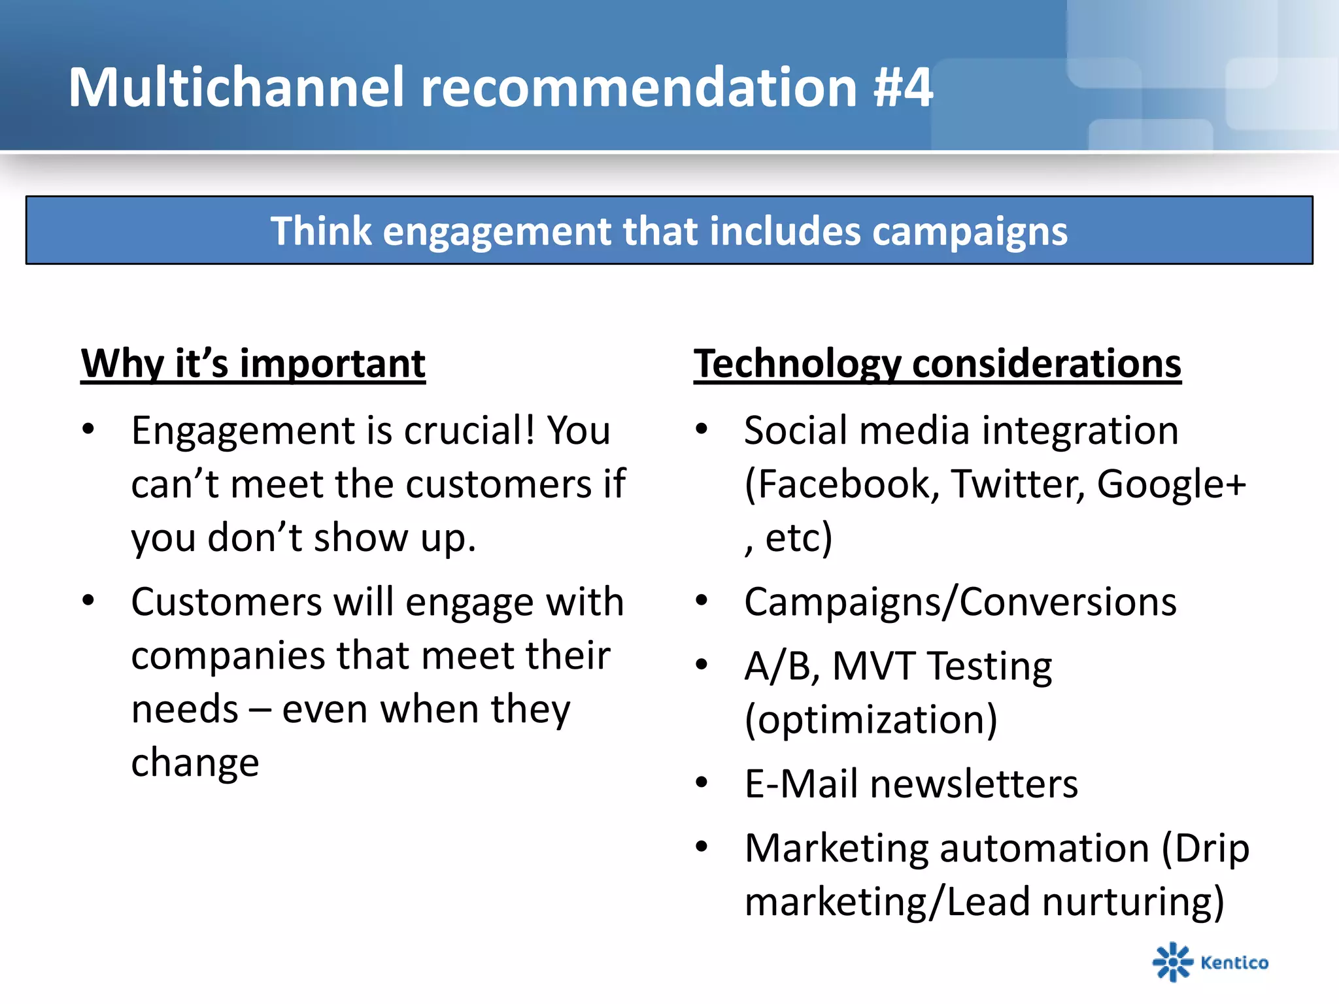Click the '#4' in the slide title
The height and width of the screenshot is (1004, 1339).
tap(903, 88)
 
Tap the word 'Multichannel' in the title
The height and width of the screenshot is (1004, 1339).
tap(236, 88)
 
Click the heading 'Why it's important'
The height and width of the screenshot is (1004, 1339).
tap(253, 363)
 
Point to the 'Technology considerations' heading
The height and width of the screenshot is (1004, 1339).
tap(937, 363)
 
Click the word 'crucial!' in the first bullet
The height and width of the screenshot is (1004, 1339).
tap(469, 431)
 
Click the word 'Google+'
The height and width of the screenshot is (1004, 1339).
tap(1171, 484)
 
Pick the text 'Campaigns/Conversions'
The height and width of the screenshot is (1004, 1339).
tap(960, 602)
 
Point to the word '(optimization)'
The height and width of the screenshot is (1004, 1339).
tap(871, 720)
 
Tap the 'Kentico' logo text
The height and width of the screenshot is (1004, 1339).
tap(1234, 963)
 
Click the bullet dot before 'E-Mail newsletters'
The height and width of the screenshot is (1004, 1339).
tap(702, 782)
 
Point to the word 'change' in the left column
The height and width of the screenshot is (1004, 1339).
tap(195, 763)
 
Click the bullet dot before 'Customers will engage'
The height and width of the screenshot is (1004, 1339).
tap(88, 600)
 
